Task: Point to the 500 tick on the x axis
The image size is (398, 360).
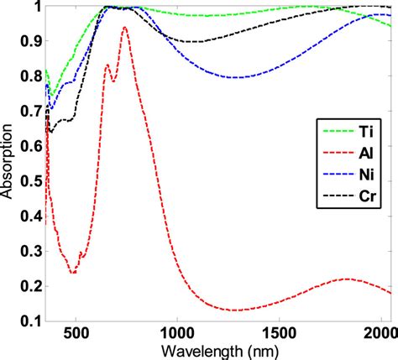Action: click(x=76, y=331)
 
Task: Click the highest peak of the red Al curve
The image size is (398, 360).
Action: click(x=125, y=28)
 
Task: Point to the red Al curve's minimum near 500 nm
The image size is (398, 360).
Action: click(x=74, y=273)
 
